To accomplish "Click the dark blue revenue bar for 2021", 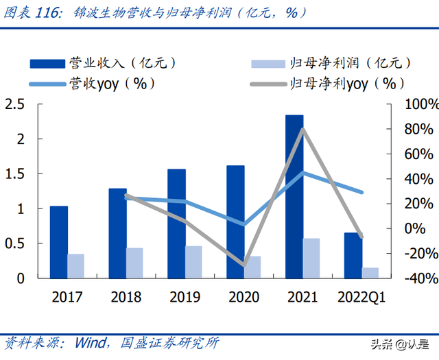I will pyautogui.click(x=294, y=197).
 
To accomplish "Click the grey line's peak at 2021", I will pyautogui.click(x=302, y=129).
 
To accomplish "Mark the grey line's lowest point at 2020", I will pyautogui.click(x=244, y=265).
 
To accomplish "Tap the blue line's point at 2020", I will pyautogui.click(x=244, y=224).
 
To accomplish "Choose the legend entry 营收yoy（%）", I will pyautogui.click(x=93, y=84).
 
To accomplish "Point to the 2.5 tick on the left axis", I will pyautogui.click(x=14, y=104).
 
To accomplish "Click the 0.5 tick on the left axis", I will pyautogui.click(x=14, y=243).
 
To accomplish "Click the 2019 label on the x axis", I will pyautogui.click(x=185, y=298).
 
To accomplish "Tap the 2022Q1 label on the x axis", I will pyautogui.click(x=361, y=298).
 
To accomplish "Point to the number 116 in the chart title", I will pyautogui.click(x=51, y=12).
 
